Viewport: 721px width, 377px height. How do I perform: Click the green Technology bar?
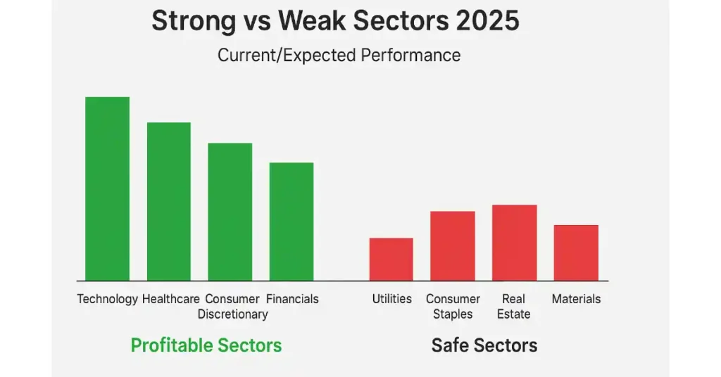107,188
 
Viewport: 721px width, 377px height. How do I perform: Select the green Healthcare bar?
168,202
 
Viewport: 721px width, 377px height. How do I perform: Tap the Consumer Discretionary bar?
230,212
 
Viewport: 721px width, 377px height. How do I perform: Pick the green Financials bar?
291,222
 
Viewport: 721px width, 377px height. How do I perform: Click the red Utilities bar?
391,260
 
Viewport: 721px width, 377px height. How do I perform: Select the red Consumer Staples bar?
452,246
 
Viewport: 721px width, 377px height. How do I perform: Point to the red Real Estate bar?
514,243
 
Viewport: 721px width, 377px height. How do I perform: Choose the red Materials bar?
576,253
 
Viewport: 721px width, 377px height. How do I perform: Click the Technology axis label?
107,299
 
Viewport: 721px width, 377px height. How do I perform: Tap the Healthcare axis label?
171,299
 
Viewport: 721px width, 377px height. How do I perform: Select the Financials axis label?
292,299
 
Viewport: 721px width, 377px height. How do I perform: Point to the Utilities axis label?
391,299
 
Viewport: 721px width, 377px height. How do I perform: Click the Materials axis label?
576,299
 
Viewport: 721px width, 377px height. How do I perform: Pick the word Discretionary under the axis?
232,314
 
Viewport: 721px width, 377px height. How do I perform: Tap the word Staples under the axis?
453,314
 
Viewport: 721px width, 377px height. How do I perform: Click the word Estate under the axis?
514,314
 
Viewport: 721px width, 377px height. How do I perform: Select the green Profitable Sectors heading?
206,345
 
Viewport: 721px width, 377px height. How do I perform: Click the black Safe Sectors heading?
484,345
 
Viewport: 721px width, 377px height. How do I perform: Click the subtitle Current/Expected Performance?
339,55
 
